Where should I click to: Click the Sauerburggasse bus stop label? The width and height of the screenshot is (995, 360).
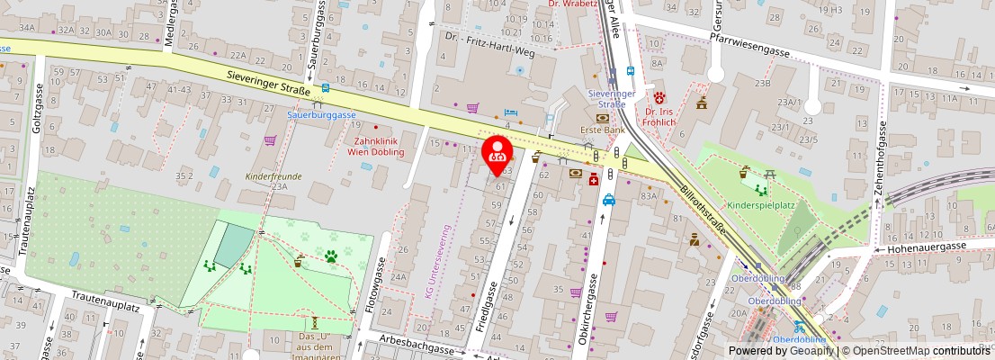click(322, 115)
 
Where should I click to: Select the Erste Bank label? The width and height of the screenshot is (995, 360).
click(603, 130)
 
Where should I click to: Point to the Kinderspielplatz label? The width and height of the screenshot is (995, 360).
click(760, 206)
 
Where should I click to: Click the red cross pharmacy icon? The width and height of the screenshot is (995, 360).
click(594, 181)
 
